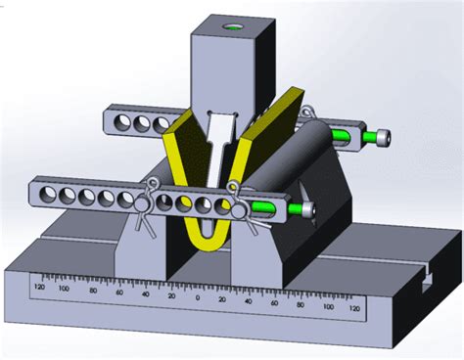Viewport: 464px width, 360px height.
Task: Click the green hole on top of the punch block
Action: point(233,28)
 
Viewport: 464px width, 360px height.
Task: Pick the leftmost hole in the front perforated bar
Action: point(45,196)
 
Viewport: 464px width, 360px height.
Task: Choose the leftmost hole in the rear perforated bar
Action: point(122,122)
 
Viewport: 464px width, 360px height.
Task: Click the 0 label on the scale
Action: point(197,294)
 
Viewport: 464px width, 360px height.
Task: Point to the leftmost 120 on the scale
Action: point(39,287)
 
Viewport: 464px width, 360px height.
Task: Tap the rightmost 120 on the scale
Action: point(353,309)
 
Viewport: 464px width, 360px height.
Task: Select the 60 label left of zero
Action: point(119,291)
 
